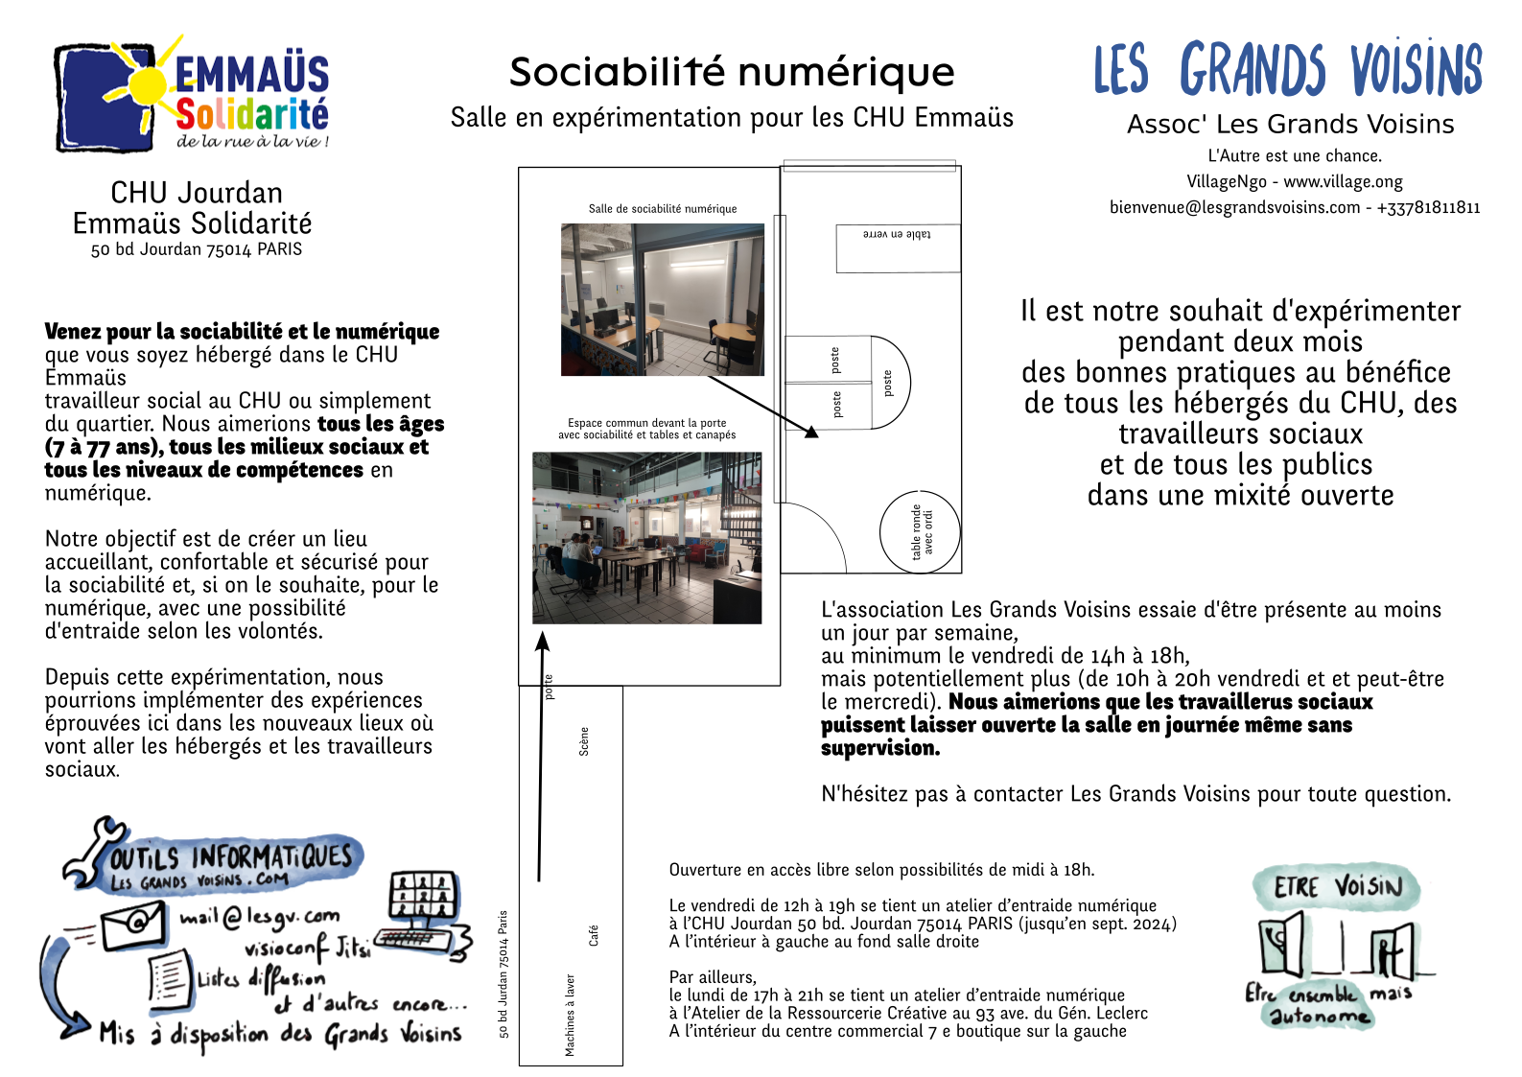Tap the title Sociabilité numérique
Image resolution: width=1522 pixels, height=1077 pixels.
pos(732,72)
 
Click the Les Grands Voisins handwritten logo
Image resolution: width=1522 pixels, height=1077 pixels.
pos(1288,69)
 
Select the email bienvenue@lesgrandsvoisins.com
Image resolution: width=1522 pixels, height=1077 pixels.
pos(1234,207)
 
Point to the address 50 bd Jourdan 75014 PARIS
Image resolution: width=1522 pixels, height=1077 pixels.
pos(197,249)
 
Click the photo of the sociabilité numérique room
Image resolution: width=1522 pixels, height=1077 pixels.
pos(663,299)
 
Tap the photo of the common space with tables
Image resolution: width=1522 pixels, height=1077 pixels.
pos(647,538)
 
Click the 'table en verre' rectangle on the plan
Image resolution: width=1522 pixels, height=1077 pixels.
pos(897,246)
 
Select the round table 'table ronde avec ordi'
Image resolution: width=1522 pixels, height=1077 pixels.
pos(921,532)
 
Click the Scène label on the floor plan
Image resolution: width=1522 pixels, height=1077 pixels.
pos(584,741)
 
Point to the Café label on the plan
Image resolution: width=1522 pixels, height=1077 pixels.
pos(594,935)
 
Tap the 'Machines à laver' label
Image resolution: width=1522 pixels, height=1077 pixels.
pos(570,1015)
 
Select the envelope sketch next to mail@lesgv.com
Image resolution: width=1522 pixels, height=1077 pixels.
pos(133,925)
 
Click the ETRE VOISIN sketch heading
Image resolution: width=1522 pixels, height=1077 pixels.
pos(1337,886)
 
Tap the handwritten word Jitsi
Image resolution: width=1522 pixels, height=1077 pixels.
pos(352,947)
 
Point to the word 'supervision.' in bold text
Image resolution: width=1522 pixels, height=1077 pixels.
pos(880,748)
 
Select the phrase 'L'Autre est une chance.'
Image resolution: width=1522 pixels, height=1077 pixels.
pos(1295,155)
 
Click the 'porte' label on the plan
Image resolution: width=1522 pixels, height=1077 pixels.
pos(549,687)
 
